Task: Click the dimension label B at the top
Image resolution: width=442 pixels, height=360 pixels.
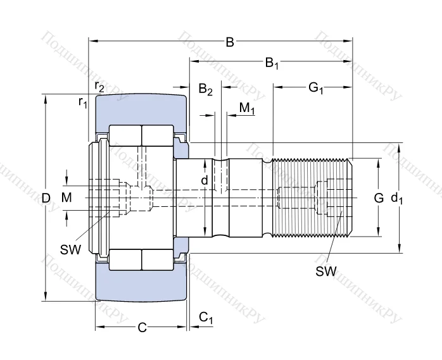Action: [x=230, y=42]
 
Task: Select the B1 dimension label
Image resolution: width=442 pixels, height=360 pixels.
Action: [x=272, y=63]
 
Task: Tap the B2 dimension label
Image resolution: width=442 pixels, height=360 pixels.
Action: [x=206, y=89]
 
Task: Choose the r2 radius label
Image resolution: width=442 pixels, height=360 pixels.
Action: [x=99, y=86]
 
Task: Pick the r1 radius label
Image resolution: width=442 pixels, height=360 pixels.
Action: [x=83, y=101]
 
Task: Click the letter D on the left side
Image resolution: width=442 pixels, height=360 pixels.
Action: [x=46, y=198]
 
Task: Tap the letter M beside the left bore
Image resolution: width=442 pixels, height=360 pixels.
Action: [x=66, y=198]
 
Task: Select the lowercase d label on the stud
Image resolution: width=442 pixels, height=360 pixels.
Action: [x=204, y=180]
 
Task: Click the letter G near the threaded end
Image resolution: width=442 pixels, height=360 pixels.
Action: [x=379, y=198]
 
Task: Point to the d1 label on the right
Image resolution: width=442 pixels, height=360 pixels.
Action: [x=397, y=198]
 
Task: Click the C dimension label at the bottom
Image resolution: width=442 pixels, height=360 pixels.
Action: [x=142, y=327]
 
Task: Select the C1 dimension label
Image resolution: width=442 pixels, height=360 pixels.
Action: [x=206, y=318]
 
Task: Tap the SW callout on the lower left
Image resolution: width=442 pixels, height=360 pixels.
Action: [x=71, y=249]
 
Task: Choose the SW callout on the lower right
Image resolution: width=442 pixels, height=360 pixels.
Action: [x=326, y=271]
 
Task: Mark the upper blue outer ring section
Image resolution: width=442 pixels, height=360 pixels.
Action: [x=141, y=109]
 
